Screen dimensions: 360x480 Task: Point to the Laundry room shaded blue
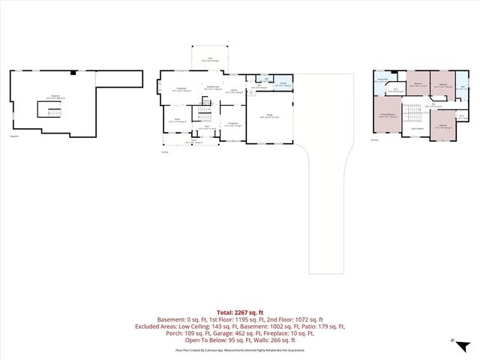283,85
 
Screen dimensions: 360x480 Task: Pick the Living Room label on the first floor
181,89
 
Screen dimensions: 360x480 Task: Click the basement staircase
50,112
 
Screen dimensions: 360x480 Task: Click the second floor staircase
412,112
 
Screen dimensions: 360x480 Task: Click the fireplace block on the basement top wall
72,73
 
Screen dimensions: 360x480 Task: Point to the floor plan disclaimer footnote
239,349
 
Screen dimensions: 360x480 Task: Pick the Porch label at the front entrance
193,140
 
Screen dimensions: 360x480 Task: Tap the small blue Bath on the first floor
266,78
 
